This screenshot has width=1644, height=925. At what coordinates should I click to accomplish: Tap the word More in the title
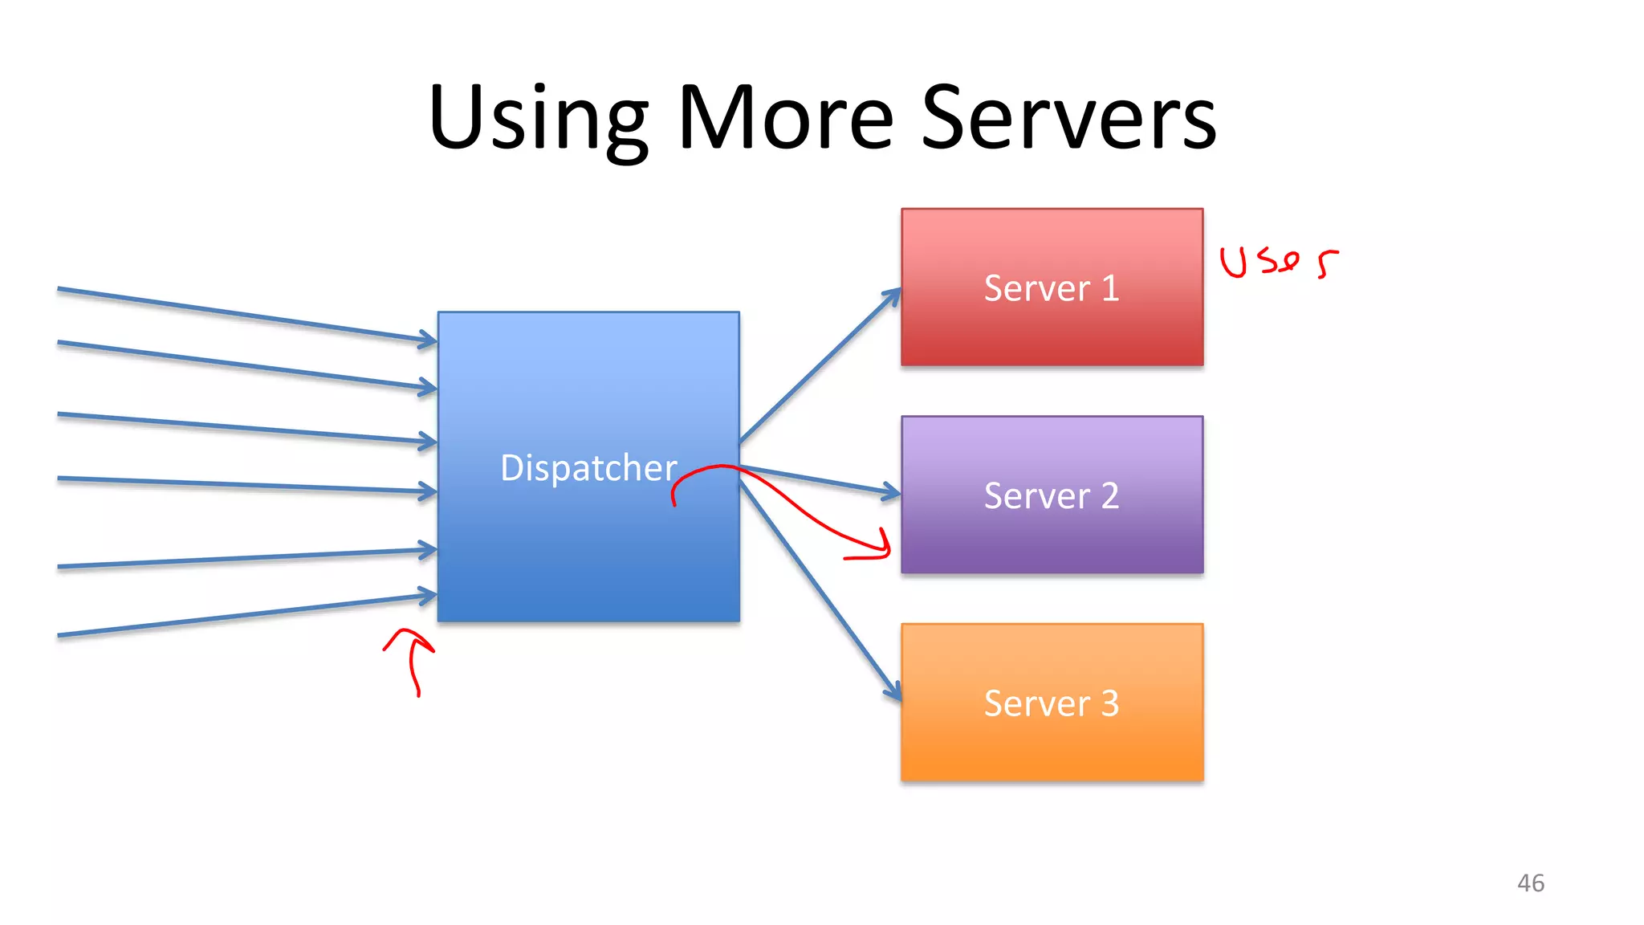[785, 119]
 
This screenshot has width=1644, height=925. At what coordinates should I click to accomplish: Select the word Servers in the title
[1068, 119]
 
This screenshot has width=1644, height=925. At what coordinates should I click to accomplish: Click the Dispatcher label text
[588, 468]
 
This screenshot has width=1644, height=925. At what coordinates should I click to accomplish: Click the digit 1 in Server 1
[1110, 288]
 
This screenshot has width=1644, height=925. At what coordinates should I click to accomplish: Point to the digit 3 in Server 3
[1109, 703]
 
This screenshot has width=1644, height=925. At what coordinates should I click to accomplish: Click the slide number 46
[1530, 883]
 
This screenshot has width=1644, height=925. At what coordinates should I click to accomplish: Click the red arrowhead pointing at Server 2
[883, 546]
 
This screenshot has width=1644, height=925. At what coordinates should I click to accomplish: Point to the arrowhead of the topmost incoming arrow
[429, 340]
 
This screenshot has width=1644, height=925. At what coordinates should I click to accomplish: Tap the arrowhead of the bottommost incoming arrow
[429, 596]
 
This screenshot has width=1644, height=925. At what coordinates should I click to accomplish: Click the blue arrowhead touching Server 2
[891, 492]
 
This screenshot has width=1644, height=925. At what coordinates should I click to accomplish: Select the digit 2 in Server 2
[1109, 496]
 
